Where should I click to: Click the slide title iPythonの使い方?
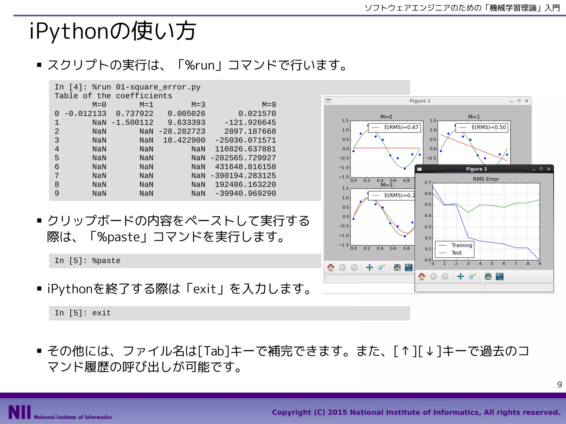[113, 31]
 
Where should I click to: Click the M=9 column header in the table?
[269, 105]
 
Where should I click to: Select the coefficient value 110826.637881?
[245, 149]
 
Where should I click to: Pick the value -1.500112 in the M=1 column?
[132, 123]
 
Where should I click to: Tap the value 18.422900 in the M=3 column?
[184, 140]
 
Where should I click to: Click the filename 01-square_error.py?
[158, 87]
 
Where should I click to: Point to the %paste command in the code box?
[106, 261]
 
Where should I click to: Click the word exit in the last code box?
[101, 313]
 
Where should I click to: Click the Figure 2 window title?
[476, 169]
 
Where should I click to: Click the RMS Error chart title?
[486, 179]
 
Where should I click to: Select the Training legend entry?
[462, 245]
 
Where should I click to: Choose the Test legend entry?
[457, 253]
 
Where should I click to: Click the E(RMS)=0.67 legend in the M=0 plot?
[401, 127]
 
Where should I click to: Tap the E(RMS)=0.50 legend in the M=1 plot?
[489, 127]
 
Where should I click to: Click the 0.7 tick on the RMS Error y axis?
[428, 182]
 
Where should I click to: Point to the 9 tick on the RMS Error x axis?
[539, 264]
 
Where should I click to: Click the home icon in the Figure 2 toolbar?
[421, 276]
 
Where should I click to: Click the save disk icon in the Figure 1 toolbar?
[408, 267]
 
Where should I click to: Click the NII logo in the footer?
[19, 412]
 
